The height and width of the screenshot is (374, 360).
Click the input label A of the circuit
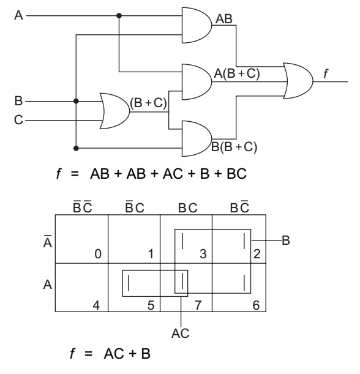pyautogui.click(x=18, y=15)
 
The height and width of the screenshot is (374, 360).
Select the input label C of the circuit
pyautogui.click(x=18, y=120)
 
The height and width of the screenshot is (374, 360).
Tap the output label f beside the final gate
pyautogui.click(x=326, y=73)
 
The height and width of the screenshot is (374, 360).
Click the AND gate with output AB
pyautogui.click(x=197, y=25)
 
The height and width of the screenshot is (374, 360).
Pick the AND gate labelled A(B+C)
pyautogui.click(x=197, y=82)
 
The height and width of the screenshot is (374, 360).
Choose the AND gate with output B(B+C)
pyautogui.click(x=197, y=138)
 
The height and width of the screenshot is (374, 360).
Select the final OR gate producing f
pyautogui.click(x=298, y=81)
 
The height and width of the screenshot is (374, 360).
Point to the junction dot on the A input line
pyautogui.click(x=119, y=16)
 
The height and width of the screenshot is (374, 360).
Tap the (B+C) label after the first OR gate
pyautogui.click(x=148, y=103)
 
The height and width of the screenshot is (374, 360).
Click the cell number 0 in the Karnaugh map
pyautogui.click(x=98, y=254)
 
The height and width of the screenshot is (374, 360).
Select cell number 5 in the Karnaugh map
pyautogui.click(x=151, y=305)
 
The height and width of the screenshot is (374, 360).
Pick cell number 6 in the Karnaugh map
pyautogui.click(x=256, y=305)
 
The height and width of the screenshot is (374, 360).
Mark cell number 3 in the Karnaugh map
pyautogui.click(x=203, y=254)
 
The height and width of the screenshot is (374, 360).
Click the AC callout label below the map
pyautogui.click(x=181, y=333)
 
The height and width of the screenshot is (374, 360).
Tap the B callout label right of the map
pyautogui.click(x=286, y=241)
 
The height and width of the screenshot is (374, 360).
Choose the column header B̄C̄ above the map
pyautogui.click(x=82, y=206)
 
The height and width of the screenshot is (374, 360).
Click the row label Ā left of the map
pyautogui.click(x=48, y=242)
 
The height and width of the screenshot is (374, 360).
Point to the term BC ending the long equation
pyautogui.click(x=236, y=174)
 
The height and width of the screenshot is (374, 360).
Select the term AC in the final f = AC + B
pyautogui.click(x=114, y=353)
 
